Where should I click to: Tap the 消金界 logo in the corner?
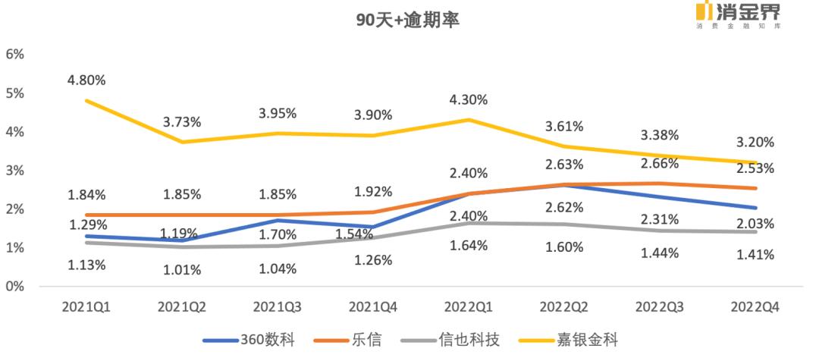(739, 14)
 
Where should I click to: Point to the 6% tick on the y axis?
(16, 55)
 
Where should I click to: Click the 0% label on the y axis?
(16, 287)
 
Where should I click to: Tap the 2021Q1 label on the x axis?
(87, 307)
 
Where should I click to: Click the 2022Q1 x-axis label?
(468, 307)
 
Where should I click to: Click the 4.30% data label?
(468, 100)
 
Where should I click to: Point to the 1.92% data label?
(373, 192)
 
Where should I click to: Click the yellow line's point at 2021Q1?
(86, 100)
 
